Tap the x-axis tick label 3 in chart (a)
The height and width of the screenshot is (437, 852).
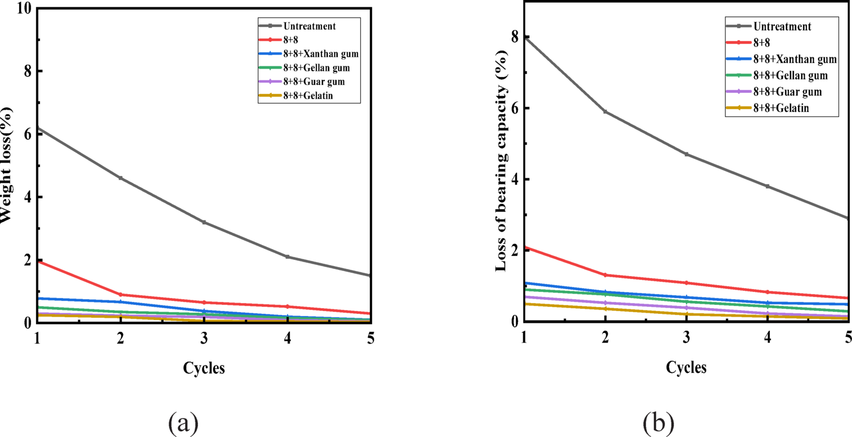tap(204, 338)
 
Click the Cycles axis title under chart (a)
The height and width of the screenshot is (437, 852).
tap(204, 368)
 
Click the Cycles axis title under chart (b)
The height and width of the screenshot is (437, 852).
tap(686, 367)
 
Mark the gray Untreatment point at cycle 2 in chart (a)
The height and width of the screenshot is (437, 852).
tap(120, 178)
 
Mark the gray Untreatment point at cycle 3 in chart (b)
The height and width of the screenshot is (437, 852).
tap(687, 154)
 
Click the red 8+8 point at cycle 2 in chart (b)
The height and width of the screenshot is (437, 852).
tap(605, 275)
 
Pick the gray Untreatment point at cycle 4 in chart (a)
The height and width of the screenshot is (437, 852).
tap(288, 257)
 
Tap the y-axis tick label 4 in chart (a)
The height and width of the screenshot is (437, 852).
tap(25, 197)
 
